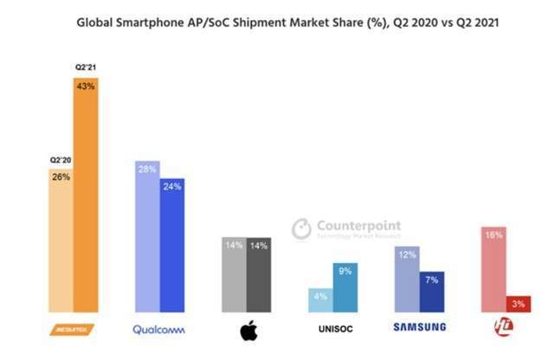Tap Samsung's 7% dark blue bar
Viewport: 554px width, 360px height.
click(x=432, y=291)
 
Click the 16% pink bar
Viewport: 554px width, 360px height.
click(x=493, y=269)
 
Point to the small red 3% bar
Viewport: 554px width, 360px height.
click(x=519, y=303)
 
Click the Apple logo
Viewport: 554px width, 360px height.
click(x=247, y=330)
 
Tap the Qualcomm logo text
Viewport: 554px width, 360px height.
click(x=160, y=328)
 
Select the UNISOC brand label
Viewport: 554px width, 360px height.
click(x=333, y=328)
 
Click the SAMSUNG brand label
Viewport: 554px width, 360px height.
click(x=420, y=327)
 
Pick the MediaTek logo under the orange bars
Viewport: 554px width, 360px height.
click(x=74, y=328)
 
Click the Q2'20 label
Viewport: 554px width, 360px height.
click(x=61, y=160)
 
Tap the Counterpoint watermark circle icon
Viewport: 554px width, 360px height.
click(x=301, y=228)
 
